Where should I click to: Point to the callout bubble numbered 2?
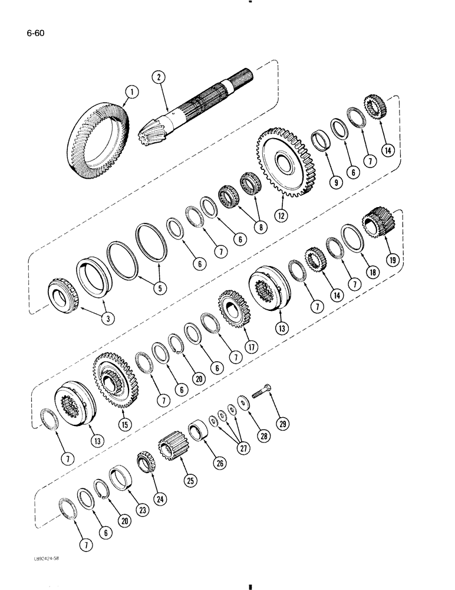[x=157, y=76]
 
